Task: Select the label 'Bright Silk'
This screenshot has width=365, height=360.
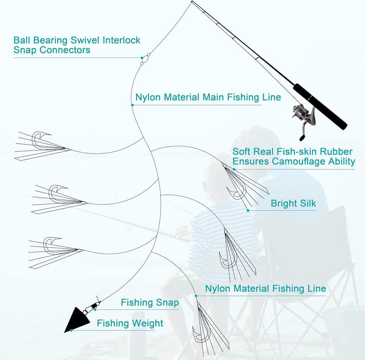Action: tap(293, 203)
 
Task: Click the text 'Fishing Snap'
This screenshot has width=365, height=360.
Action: tap(150, 303)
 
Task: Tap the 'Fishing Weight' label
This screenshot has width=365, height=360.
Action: tap(130, 323)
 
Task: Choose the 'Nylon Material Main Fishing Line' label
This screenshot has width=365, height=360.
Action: tap(208, 97)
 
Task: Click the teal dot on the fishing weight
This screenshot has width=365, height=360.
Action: tap(71, 330)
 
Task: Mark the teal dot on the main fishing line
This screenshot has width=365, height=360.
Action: tap(132, 105)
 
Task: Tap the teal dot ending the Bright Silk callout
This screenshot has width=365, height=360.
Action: tap(248, 210)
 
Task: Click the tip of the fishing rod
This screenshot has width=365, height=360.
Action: tap(192, 2)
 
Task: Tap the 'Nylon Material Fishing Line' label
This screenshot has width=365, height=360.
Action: tap(265, 288)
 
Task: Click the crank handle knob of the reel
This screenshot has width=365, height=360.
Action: tap(302, 138)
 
